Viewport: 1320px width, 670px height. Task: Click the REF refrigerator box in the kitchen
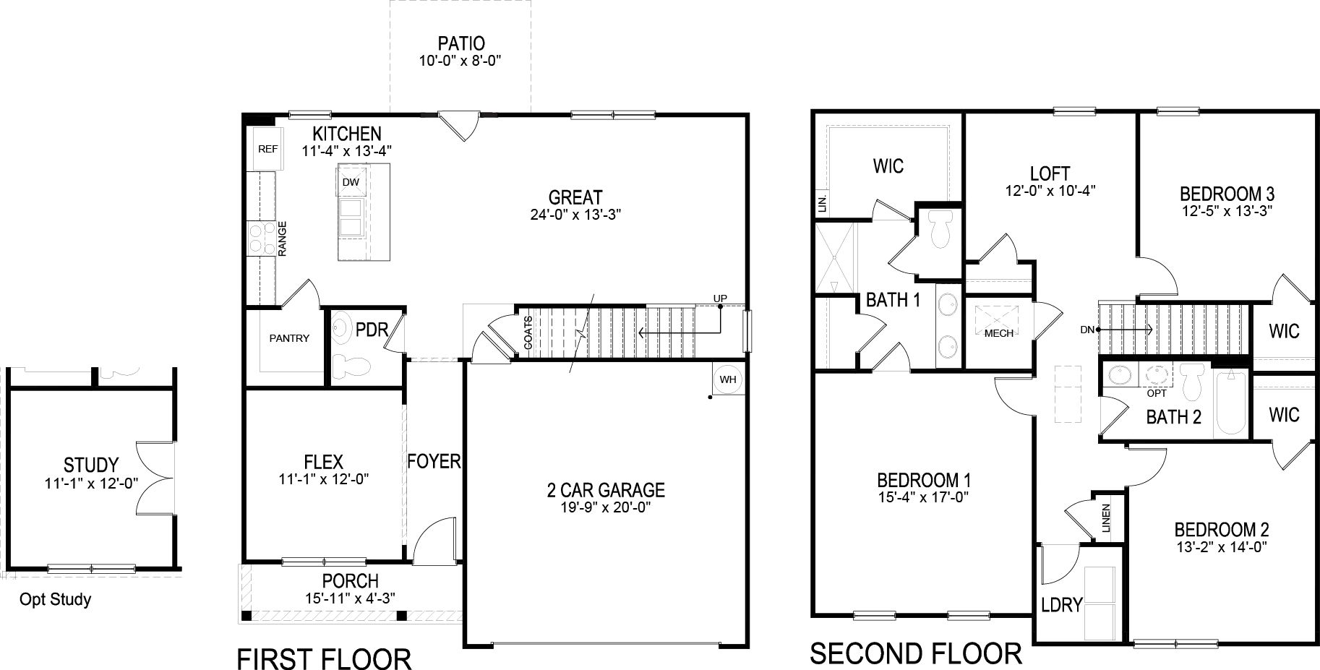pos(267,150)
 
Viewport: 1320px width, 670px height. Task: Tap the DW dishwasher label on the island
pos(351,182)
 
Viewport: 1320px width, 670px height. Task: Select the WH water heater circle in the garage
pos(727,379)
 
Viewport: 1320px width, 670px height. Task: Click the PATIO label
pos(460,43)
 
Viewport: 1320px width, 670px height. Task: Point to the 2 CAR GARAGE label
pos(605,490)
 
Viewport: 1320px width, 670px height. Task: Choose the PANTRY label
pos(289,338)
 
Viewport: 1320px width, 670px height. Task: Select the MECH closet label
pos(999,333)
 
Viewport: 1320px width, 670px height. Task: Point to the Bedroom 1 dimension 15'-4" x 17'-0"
pos(923,497)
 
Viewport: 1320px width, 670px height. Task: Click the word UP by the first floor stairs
pos(720,299)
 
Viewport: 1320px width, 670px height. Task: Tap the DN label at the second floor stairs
pos(1087,330)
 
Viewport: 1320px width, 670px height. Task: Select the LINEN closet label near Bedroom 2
pos(1106,518)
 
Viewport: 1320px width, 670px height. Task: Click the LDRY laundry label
pos(1061,605)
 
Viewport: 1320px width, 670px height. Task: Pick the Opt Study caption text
pos(55,599)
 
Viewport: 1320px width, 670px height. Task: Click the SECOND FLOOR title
pos(915,654)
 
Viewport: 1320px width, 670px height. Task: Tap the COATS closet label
pos(528,333)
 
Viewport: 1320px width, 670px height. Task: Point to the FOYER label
pos(434,461)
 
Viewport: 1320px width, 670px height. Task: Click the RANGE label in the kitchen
pos(283,239)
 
